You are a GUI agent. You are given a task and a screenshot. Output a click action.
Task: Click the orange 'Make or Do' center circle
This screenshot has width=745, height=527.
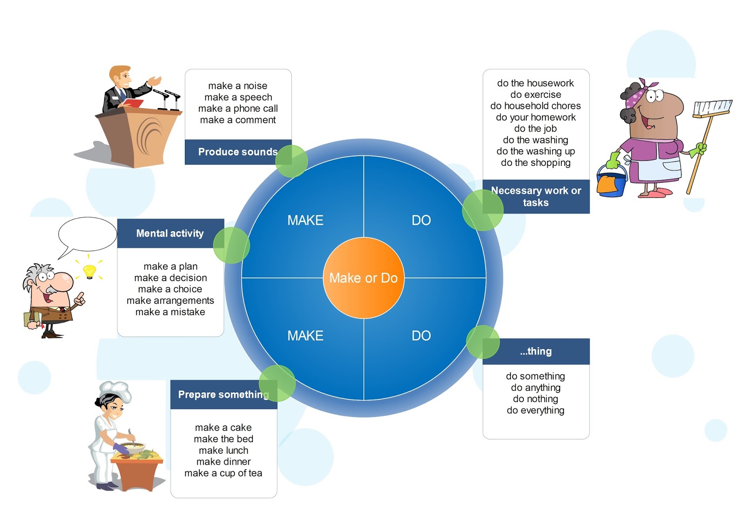point(363,278)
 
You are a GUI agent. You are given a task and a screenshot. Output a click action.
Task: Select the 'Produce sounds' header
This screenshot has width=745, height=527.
point(237,152)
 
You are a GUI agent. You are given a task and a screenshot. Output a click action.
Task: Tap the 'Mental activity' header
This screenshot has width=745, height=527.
point(170,233)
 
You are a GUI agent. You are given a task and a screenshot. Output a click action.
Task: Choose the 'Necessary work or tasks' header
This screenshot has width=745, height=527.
point(536,197)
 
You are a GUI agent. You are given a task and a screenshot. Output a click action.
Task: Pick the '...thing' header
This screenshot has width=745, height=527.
point(536,351)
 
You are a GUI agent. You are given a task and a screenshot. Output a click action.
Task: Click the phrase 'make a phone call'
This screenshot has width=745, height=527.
point(238,109)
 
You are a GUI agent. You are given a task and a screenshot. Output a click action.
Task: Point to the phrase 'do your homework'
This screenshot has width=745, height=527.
point(535,117)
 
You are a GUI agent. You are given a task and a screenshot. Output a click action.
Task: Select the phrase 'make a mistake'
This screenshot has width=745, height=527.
point(170,312)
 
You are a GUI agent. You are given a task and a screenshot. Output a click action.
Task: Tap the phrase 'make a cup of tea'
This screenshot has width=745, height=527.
point(223,473)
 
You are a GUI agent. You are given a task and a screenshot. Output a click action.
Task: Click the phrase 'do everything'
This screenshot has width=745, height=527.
point(535,411)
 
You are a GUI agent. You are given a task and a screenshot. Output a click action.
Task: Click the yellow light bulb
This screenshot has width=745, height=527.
point(89,271)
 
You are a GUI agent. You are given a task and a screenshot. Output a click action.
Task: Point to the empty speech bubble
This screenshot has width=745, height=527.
point(88,234)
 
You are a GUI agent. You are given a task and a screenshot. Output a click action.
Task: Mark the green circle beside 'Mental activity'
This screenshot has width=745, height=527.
point(231,245)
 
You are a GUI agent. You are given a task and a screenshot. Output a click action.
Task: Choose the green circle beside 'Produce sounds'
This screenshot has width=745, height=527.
point(291,161)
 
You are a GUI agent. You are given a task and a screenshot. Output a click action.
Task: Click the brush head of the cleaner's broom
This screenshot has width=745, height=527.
point(712,108)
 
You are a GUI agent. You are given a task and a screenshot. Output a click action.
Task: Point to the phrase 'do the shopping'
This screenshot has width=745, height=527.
point(535,163)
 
